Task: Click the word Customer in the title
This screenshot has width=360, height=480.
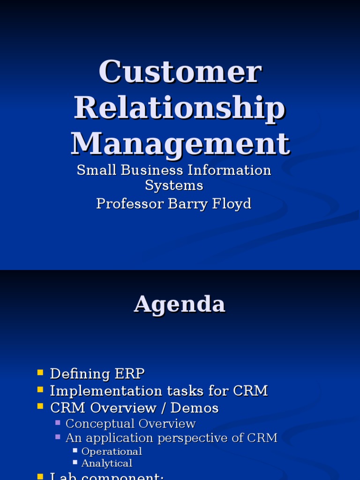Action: [x=180, y=72]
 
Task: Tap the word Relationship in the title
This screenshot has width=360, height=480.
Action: [x=180, y=107]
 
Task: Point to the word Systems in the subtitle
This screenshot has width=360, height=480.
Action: [x=174, y=185]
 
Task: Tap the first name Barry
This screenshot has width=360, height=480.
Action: [x=189, y=203]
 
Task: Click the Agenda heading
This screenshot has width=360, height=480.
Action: [x=180, y=305]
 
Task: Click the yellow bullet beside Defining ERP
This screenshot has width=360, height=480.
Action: [x=40, y=373]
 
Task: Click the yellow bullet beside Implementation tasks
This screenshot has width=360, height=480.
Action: [x=40, y=390]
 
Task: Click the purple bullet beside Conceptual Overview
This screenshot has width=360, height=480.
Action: [x=58, y=423]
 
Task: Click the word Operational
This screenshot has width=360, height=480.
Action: [x=112, y=451]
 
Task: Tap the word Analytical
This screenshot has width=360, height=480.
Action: [x=107, y=463]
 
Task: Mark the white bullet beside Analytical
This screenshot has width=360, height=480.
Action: [x=75, y=462]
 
